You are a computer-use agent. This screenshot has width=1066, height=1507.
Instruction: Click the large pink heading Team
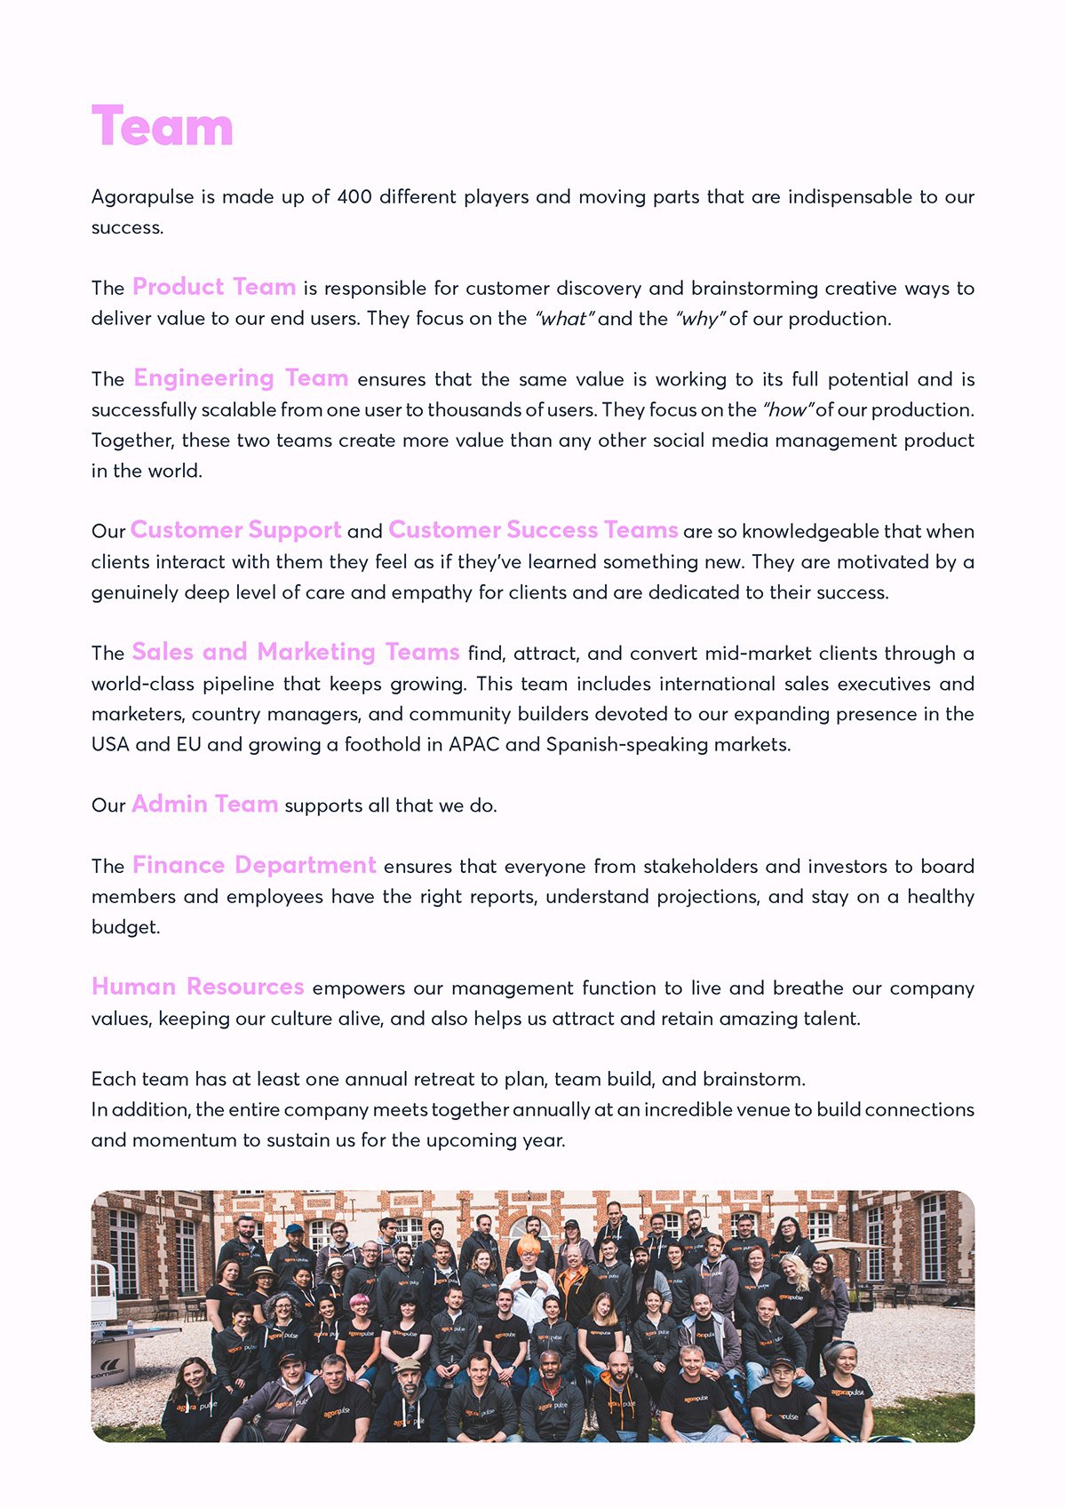click(x=162, y=127)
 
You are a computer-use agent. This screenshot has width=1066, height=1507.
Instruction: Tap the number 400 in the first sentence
click(x=354, y=197)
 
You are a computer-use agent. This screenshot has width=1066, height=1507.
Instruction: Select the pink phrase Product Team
click(x=214, y=288)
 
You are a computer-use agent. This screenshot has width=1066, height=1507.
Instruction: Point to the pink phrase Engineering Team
click(x=241, y=379)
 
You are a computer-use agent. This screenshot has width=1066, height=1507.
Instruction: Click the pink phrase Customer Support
click(x=235, y=531)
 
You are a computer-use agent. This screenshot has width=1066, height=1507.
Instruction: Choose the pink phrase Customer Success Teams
click(x=533, y=531)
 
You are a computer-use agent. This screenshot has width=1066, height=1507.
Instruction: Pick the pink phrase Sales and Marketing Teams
click(x=296, y=653)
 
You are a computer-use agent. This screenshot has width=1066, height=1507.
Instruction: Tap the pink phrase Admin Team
click(x=204, y=805)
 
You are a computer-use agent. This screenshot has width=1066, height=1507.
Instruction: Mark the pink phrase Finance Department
click(x=254, y=866)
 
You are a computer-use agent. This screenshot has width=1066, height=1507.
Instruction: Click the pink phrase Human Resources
click(x=197, y=987)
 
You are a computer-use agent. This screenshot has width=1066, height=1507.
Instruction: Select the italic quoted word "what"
click(x=563, y=319)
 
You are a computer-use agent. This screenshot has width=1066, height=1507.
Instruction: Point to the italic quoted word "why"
click(x=700, y=319)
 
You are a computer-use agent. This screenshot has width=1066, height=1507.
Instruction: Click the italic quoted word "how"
click(x=788, y=410)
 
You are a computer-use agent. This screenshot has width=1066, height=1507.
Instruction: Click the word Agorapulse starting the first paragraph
click(x=142, y=197)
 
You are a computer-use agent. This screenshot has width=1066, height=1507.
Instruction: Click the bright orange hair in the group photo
click(x=529, y=1245)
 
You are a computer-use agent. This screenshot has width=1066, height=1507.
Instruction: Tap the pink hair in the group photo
click(x=361, y=1301)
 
